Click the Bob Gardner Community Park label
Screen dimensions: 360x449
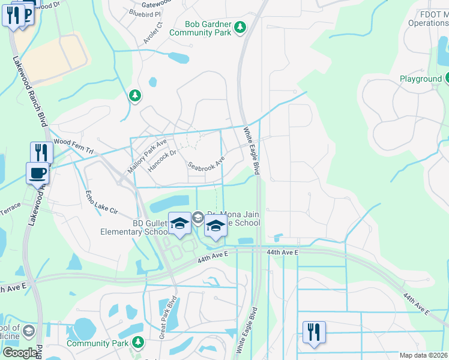(208, 28)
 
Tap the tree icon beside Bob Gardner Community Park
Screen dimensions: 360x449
(240, 26)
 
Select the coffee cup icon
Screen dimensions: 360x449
(37, 173)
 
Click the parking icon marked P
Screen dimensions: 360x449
(26, 13)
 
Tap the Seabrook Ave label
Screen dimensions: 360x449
(206, 163)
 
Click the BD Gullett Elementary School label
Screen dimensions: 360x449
(142, 228)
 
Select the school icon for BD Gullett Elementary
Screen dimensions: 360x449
(179, 224)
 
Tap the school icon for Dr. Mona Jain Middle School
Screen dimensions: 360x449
(215, 226)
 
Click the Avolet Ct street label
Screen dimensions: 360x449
(153, 34)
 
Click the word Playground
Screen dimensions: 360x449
(420, 79)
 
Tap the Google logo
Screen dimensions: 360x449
(19, 353)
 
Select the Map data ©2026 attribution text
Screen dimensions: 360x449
(424, 355)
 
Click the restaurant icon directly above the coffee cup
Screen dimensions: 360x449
(41, 152)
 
